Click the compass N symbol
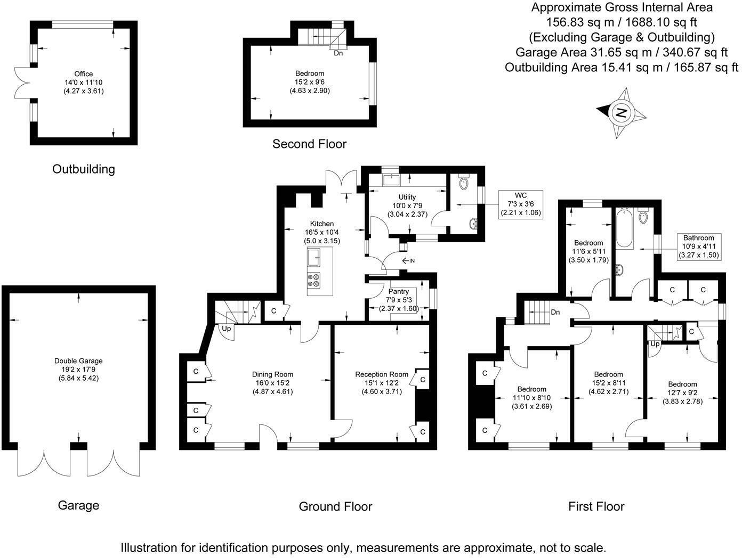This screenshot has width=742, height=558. point(620,113)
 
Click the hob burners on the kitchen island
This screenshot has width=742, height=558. point(313,280)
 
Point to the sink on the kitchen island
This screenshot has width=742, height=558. point(314,257)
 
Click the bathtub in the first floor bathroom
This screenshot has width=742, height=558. point(624,228)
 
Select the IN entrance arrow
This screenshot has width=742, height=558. point(408,260)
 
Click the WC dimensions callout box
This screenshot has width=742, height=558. point(521,204)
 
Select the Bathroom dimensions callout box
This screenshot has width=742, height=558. point(698,247)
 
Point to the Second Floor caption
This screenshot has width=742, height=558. point(309,144)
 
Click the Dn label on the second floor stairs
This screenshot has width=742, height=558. point(338,53)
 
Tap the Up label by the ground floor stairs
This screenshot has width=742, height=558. point(226,328)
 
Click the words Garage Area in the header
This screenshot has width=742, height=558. point(551,52)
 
